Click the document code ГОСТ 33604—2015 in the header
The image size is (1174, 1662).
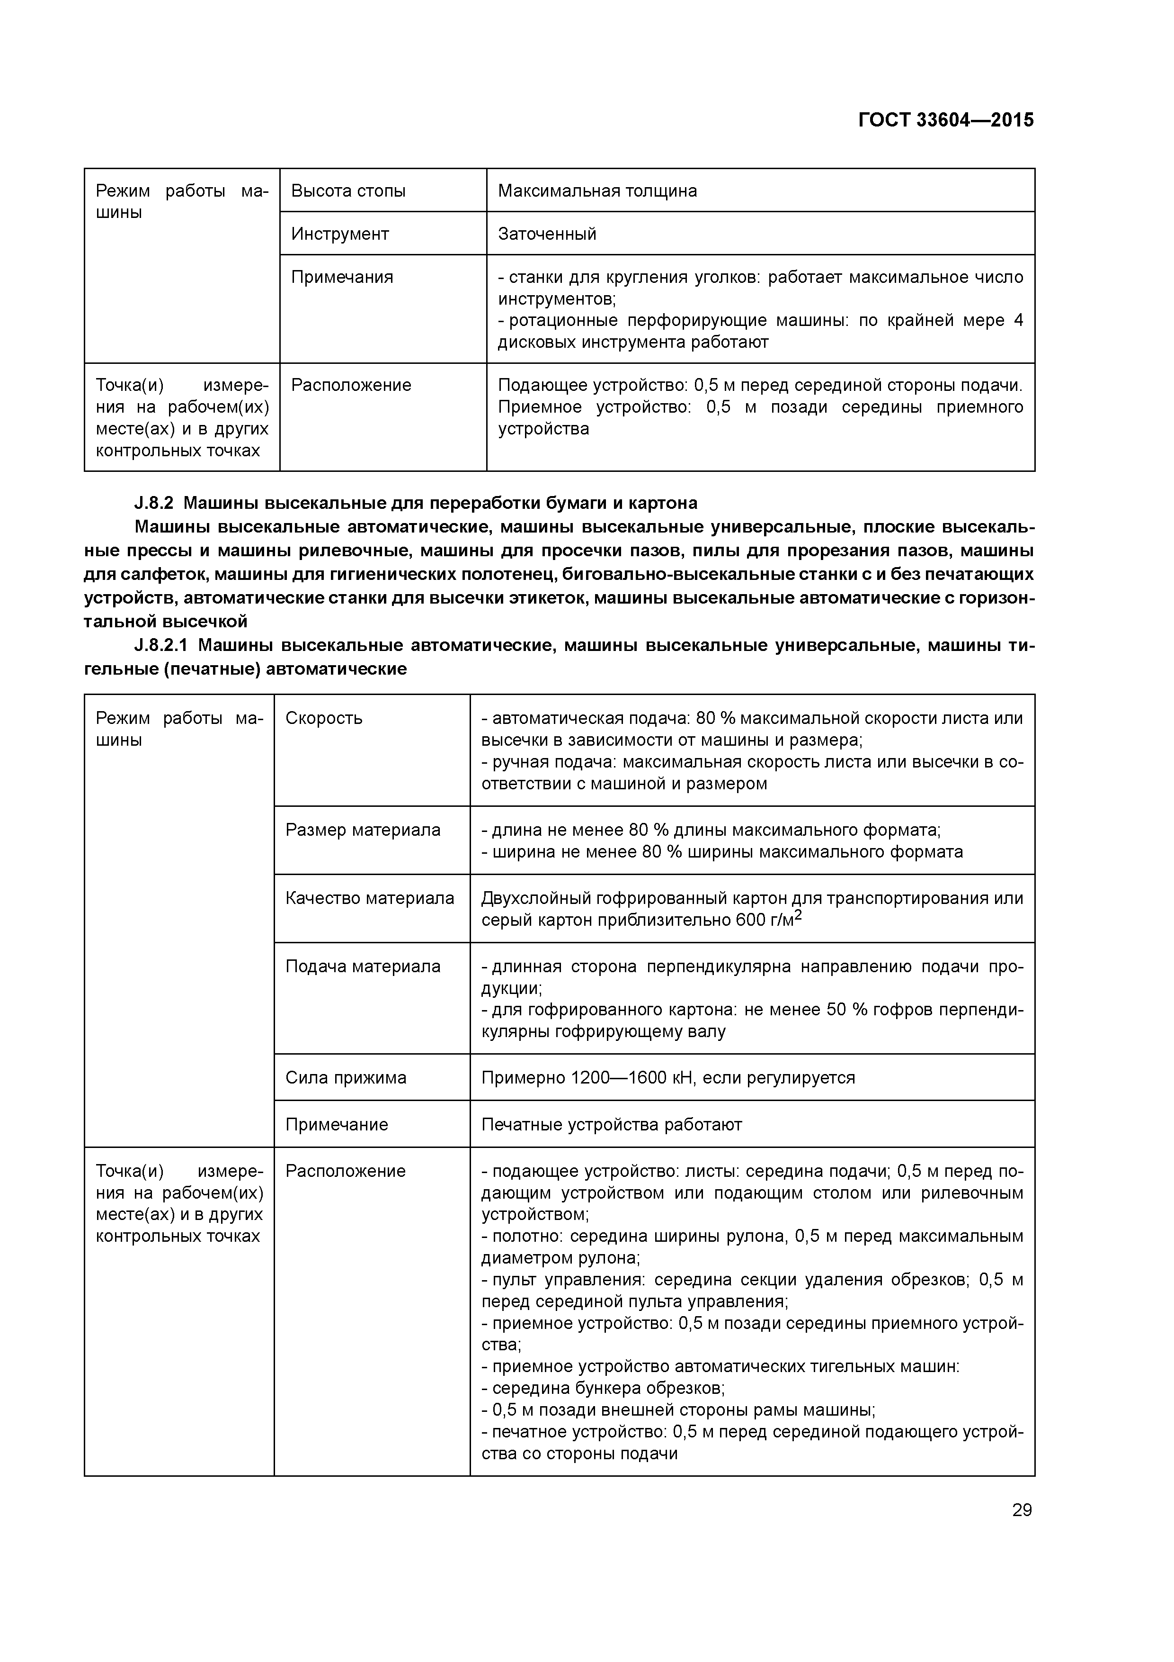(945, 120)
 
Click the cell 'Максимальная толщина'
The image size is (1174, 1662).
(597, 191)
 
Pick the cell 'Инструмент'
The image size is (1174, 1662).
(339, 234)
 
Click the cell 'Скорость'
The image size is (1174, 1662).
(323, 718)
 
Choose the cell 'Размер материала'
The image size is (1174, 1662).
(363, 830)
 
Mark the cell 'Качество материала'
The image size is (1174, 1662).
(370, 898)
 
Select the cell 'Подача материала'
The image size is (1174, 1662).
(363, 966)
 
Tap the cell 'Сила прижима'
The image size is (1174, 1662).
(346, 1078)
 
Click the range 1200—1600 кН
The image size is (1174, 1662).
(622, 1078)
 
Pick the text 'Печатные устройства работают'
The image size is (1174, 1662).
(611, 1124)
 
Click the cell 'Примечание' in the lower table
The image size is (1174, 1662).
(337, 1124)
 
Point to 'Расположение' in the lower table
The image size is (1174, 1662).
(345, 1171)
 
